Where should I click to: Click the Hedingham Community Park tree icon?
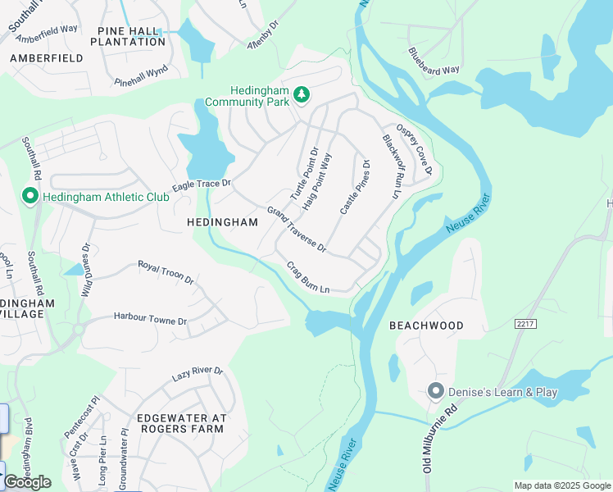(302, 94)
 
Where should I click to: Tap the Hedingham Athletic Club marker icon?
(30, 197)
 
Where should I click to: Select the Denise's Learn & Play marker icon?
(436, 392)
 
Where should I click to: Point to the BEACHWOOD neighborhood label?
(426, 326)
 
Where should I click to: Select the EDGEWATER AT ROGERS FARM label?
(180, 423)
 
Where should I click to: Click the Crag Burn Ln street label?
(308, 277)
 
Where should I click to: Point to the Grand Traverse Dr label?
(297, 230)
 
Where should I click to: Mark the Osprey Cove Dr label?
(413, 148)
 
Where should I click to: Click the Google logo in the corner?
(27, 482)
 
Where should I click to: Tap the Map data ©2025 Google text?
(562, 485)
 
